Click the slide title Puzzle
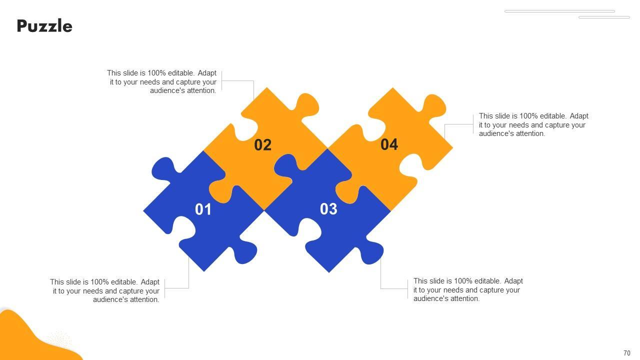(x=44, y=26)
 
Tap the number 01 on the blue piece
(x=203, y=209)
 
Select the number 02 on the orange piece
(x=262, y=145)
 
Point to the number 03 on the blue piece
(x=328, y=209)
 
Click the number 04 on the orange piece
(x=389, y=144)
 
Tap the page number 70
(x=627, y=353)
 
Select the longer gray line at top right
(x=559, y=11)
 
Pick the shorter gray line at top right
(x=604, y=17)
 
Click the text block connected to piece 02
(x=161, y=81)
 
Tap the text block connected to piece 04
(x=533, y=125)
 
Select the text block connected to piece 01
(x=104, y=290)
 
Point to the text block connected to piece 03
(x=468, y=289)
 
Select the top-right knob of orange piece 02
(x=306, y=105)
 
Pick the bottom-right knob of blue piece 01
(x=244, y=252)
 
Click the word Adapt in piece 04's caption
(x=579, y=116)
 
